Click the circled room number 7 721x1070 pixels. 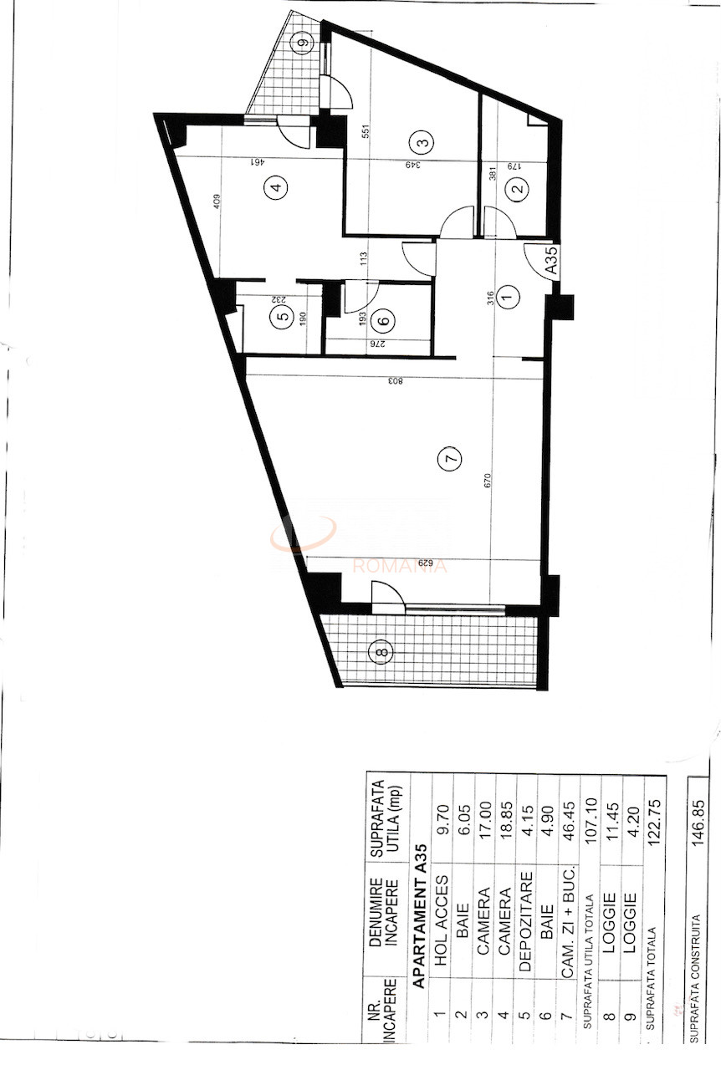click(x=449, y=458)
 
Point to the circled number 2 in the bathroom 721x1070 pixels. click(x=518, y=189)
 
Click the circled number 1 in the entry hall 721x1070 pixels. click(x=508, y=294)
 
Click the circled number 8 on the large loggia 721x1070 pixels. click(x=381, y=652)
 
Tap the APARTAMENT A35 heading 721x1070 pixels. click(x=422, y=917)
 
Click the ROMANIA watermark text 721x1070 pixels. click(x=400, y=566)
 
